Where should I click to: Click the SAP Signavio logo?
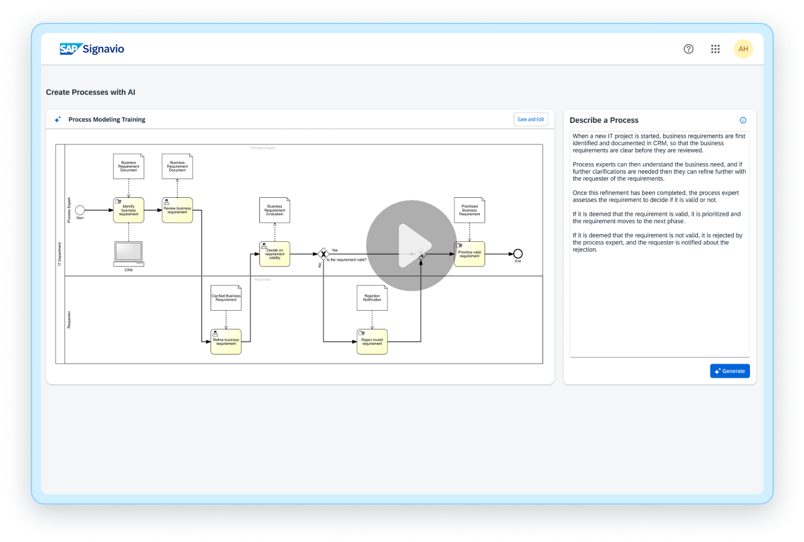[92, 49]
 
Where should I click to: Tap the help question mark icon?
[688, 49]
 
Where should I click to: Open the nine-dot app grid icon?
[715, 49]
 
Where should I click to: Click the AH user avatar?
[743, 49]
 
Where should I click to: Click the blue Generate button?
[730, 371]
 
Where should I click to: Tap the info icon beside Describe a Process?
[743, 120]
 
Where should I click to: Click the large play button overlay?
[411, 245]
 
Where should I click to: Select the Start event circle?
[80, 210]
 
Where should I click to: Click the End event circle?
[517, 254]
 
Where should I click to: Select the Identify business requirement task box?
[128, 210]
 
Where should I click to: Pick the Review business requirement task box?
[177, 210]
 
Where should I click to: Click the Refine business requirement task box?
[226, 342]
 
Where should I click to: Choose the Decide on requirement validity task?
[275, 254]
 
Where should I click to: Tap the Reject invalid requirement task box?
[372, 342]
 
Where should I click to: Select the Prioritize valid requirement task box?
[469, 254]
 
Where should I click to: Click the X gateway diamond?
[323, 254]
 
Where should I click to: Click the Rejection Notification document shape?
[372, 298]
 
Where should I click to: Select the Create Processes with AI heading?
[95, 92]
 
